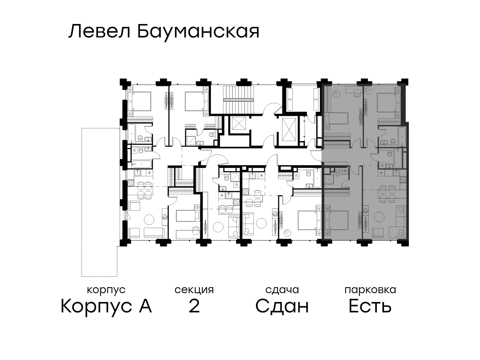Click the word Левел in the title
pyautogui.click(x=99, y=32)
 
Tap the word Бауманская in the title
pyautogui.click(x=198, y=33)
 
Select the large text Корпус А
pyautogui.click(x=106, y=306)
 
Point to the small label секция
pyautogui.click(x=194, y=290)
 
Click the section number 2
pyautogui.click(x=194, y=306)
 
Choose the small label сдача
pyautogui.click(x=282, y=290)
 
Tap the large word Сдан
pyautogui.click(x=282, y=306)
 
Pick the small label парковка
pyautogui.click(x=370, y=290)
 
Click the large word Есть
pyautogui.click(x=370, y=306)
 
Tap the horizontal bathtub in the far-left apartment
pyautogui.click(x=142, y=164)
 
